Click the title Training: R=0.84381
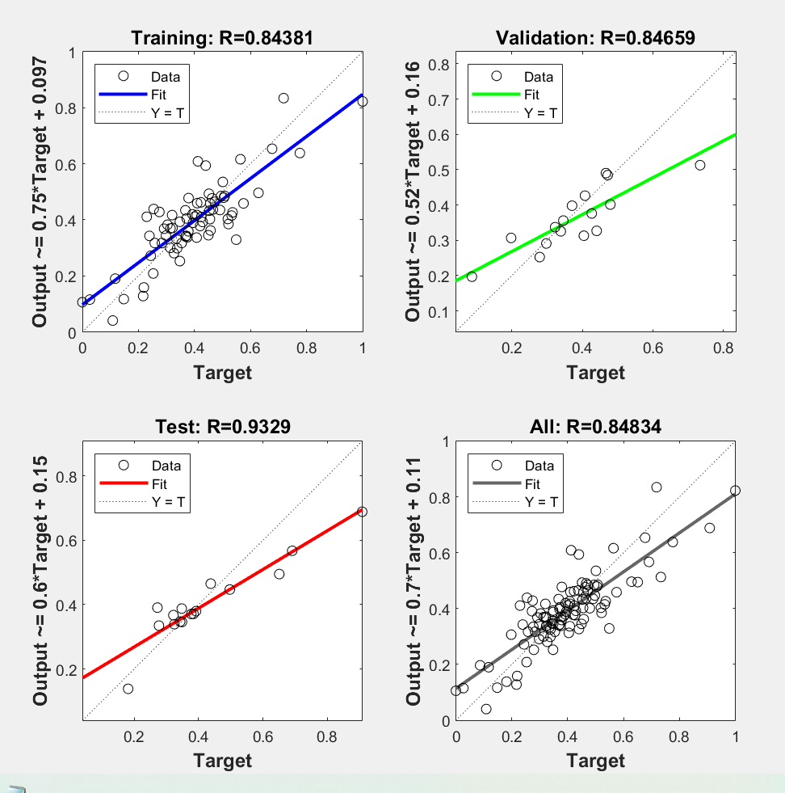coord(223,37)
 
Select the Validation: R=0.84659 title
coord(596,37)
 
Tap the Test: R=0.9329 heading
coord(223,426)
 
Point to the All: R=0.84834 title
coord(596,426)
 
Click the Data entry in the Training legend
coord(165,77)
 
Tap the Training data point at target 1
coord(363,101)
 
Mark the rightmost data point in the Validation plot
coord(700,165)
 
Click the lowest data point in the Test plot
coord(128,689)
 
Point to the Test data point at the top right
coord(362,512)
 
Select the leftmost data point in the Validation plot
coord(472,276)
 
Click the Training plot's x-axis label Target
coord(223,372)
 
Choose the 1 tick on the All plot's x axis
coord(735,737)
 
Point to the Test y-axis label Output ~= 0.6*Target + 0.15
coord(40,580)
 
